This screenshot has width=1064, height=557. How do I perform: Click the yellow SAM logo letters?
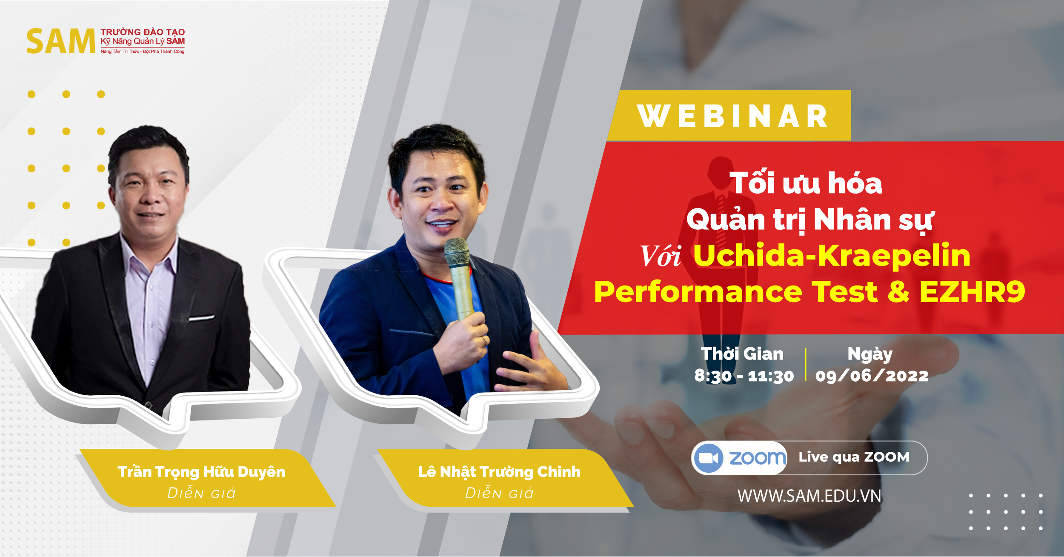(x=61, y=41)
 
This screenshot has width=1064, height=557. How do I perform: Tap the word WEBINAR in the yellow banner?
(x=732, y=116)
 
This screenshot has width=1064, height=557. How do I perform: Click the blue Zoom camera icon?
(x=709, y=458)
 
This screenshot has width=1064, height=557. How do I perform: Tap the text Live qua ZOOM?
(x=854, y=457)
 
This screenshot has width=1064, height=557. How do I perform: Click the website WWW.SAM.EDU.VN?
(x=809, y=496)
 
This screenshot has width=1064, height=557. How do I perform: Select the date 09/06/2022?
(x=872, y=376)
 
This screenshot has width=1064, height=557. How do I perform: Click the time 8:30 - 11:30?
(x=744, y=376)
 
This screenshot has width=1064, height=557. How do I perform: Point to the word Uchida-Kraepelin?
(x=832, y=256)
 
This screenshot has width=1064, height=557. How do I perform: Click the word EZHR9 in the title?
(x=972, y=292)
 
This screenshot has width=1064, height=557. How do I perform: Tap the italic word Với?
(x=660, y=256)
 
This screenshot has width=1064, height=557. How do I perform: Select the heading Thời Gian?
(x=742, y=354)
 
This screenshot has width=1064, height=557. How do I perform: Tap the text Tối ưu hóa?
(x=806, y=183)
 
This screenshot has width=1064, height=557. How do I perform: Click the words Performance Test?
(x=735, y=292)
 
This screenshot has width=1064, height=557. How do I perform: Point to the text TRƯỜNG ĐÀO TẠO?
(x=143, y=32)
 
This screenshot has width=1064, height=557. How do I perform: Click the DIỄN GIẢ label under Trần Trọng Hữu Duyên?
(x=201, y=493)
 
